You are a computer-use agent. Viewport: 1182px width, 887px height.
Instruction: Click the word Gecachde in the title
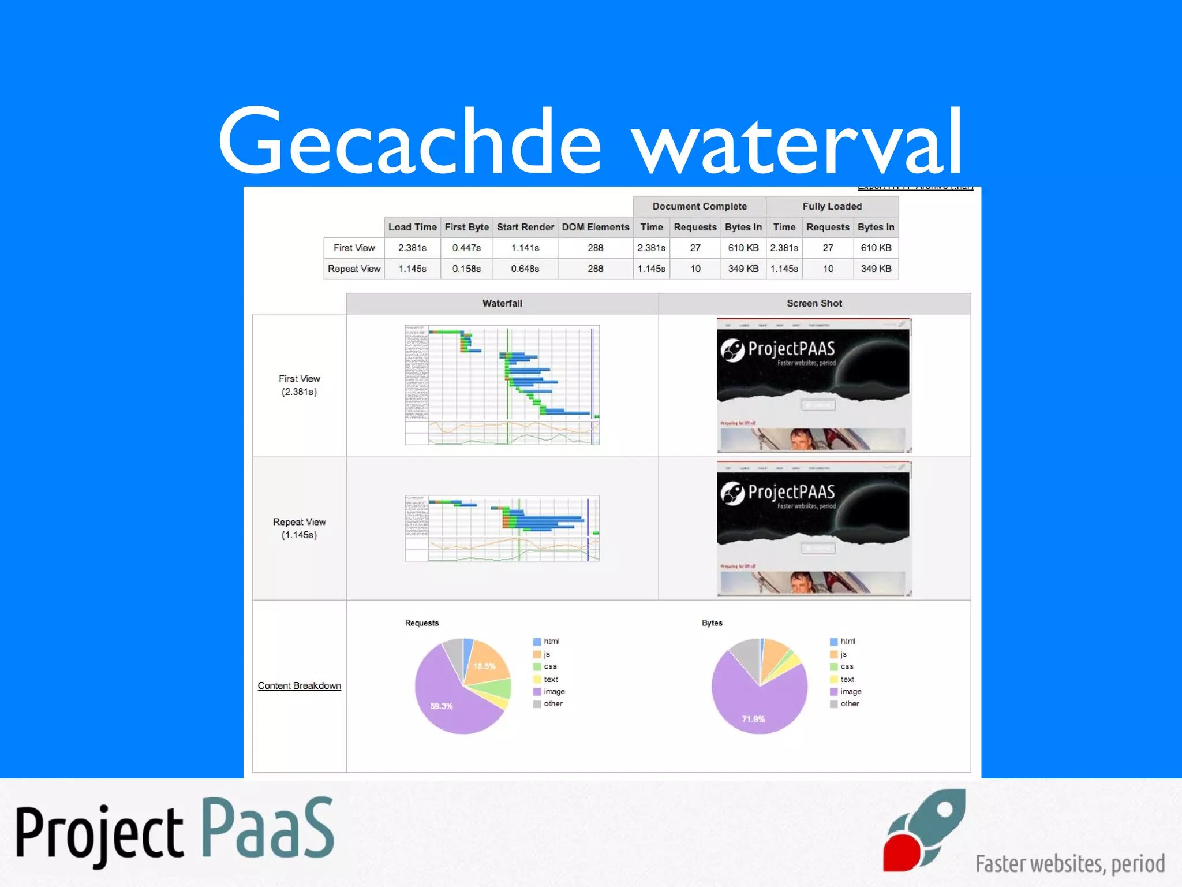pos(410,141)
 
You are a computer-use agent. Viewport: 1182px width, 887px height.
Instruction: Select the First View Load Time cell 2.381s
pos(412,248)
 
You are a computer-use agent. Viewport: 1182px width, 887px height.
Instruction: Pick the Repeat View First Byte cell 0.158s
pos(466,269)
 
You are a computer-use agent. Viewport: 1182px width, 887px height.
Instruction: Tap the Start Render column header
pos(525,227)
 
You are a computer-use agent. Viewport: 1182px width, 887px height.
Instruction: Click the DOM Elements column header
pos(596,227)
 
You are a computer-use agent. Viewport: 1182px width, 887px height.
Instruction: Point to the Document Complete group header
pos(700,206)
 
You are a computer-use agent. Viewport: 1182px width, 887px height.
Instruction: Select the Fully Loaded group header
pos(832,206)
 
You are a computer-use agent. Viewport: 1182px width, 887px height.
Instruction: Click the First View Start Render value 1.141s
pos(525,248)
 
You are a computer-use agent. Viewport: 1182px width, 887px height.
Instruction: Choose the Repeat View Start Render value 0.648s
pos(525,269)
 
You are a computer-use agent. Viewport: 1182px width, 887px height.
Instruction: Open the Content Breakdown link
pos(299,685)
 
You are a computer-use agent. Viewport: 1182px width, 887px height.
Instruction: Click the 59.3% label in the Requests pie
pos(442,706)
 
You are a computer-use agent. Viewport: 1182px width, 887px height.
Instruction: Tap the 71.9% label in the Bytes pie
pos(753,719)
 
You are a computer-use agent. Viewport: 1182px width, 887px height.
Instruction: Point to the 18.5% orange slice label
pos(484,666)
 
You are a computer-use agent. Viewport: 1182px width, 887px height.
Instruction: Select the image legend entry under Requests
pos(553,691)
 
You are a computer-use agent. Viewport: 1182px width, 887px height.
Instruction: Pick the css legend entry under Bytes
pos(846,666)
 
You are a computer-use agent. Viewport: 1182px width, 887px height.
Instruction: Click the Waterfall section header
pos(502,303)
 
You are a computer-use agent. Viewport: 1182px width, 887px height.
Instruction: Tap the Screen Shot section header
pos(814,303)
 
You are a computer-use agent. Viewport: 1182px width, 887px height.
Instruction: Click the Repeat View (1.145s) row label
pos(299,528)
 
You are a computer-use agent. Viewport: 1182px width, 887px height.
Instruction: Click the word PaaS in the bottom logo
pos(268,828)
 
